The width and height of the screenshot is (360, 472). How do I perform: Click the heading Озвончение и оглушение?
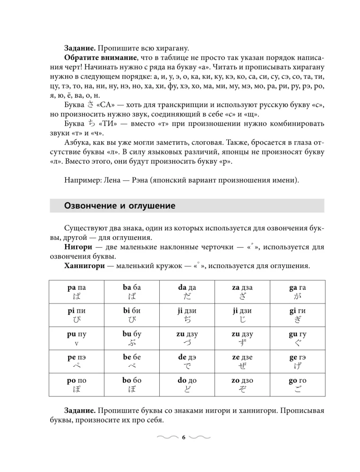coord(120,206)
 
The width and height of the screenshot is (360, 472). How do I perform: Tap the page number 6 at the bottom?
coord(184,437)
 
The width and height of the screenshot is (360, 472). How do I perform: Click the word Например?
coord(81,180)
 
